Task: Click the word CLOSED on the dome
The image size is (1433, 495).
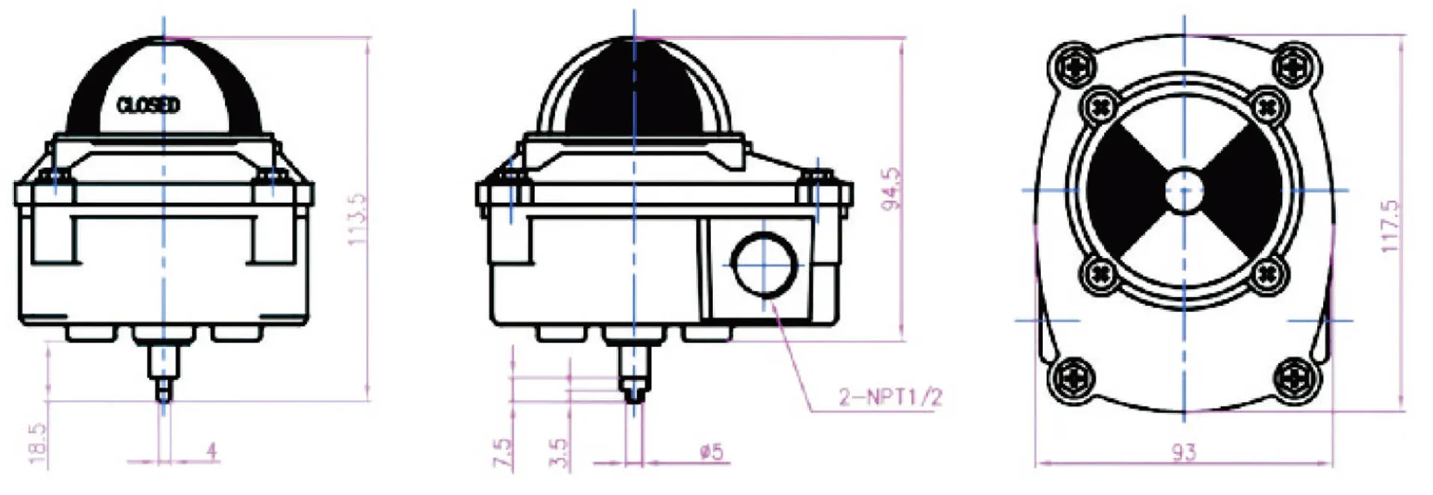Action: (x=148, y=105)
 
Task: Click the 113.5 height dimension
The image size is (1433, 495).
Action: (x=358, y=219)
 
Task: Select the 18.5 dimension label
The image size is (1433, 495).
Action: (x=37, y=443)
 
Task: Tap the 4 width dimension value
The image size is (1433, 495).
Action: (x=212, y=451)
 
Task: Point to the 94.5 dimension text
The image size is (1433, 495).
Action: (x=891, y=189)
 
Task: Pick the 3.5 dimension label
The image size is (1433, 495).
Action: (x=558, y=453)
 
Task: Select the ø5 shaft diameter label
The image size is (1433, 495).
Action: (x=711, y=452)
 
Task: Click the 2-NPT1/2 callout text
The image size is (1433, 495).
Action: (x=890, y=397)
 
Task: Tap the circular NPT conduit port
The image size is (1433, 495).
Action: (x=763, y=264)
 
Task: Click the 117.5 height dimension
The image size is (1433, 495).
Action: (x=1389, y=226)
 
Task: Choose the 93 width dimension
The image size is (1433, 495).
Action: (x=1183, y=452)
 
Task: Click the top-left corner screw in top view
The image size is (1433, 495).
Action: (x=1072, y=66)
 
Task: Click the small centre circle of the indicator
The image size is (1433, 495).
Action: (x=1184, y=190)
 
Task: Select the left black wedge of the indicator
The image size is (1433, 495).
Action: (x=1122, y=190)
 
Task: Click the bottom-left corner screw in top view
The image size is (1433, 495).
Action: (x=1072, y=379)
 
